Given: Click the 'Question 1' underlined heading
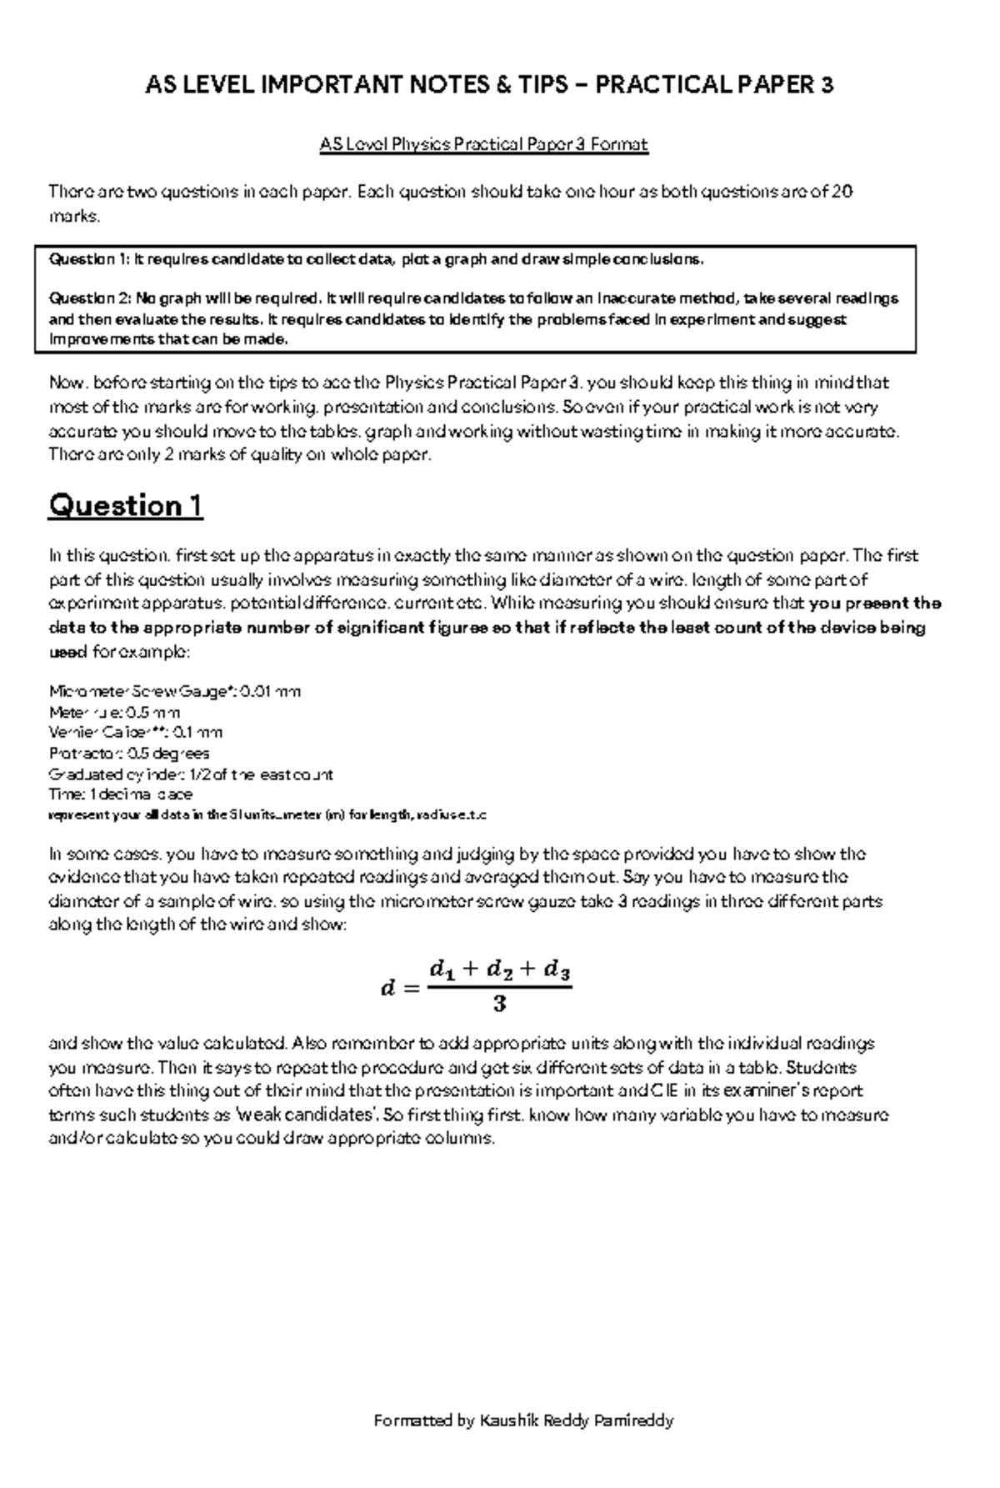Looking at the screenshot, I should [125, 505].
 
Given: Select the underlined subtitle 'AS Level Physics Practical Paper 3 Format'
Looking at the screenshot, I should [483, 145].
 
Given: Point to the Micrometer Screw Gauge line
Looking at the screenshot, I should [175, 691].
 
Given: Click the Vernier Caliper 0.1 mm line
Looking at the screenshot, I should [136, 733].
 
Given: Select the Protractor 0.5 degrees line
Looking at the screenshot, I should [129, 754].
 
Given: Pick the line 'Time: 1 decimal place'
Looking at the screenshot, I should [121, 794].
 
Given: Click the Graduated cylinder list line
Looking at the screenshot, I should [191, 774].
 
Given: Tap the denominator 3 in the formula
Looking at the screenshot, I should [499, 1005].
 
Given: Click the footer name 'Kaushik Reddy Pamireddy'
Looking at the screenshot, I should [576, 1420].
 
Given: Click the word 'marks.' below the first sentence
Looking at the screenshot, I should [74, 217].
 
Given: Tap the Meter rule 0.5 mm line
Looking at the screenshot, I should [114, 713].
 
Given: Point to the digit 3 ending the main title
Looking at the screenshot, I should [826, 84].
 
